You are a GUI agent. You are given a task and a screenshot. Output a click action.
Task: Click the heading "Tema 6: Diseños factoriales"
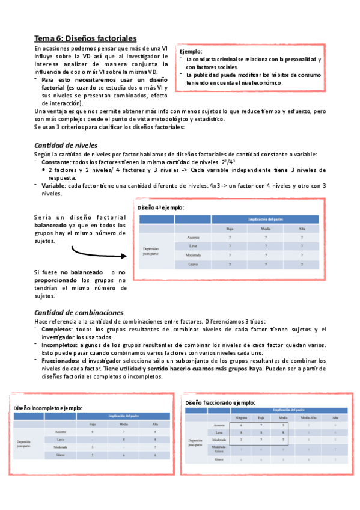click(x=85, y=38)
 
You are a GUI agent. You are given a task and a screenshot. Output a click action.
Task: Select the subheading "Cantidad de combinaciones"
click(x=79, y=312)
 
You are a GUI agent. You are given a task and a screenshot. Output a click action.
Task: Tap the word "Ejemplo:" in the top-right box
click(x=192, y=52)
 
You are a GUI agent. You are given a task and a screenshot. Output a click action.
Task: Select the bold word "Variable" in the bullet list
click(x=53, y=186)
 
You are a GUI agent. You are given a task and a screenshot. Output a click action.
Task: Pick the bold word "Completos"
click(x=58, y=330)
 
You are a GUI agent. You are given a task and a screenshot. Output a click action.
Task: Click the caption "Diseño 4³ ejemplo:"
click(x=160, y=207)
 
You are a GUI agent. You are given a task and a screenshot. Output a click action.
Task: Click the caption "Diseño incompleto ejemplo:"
click(x=48, y=408)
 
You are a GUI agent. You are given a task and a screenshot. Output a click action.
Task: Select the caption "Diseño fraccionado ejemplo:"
click(x=220, y=402)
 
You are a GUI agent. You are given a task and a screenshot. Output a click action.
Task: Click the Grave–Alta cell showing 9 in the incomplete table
click(x=155, y=472)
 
